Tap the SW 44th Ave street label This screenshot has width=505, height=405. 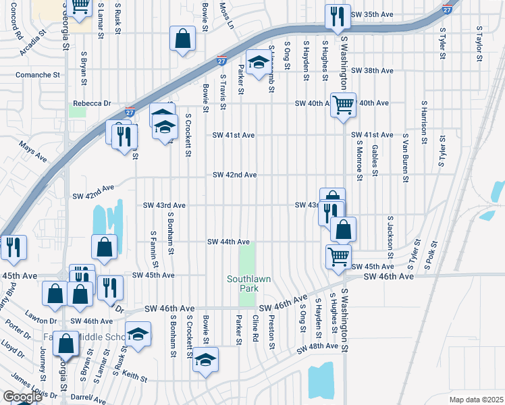[229, 242]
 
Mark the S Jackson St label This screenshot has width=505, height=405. [390, 238]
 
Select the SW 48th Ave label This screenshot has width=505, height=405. [317, 346]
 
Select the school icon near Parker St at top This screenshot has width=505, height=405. [257, 63]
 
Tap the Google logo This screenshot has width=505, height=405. [22, 397]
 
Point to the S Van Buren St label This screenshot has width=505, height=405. [406, 162]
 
